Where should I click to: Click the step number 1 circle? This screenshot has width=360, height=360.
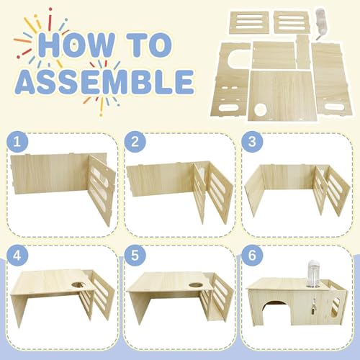pos(17,142)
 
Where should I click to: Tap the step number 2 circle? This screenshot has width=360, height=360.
pos(135,142)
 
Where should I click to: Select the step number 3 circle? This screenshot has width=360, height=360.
pos(252,141)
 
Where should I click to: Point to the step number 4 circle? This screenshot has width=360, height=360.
pos(17,256)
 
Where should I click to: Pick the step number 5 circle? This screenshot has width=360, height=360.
pos(135,256)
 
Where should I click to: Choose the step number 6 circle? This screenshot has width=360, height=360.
pos(252,255)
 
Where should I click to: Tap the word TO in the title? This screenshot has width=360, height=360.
pos(149,45)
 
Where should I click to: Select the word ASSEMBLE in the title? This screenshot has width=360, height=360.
pos(105,82)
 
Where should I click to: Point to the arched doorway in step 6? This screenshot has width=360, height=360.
pos(276,311)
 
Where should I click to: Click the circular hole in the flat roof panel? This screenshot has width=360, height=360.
pos(261,109)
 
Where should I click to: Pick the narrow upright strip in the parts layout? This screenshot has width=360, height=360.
pos(302,52)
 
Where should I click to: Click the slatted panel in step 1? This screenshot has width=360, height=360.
pos(102,189)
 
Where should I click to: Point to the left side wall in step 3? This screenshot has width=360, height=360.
pos(254,189)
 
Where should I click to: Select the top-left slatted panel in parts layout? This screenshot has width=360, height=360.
pos(249,22)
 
